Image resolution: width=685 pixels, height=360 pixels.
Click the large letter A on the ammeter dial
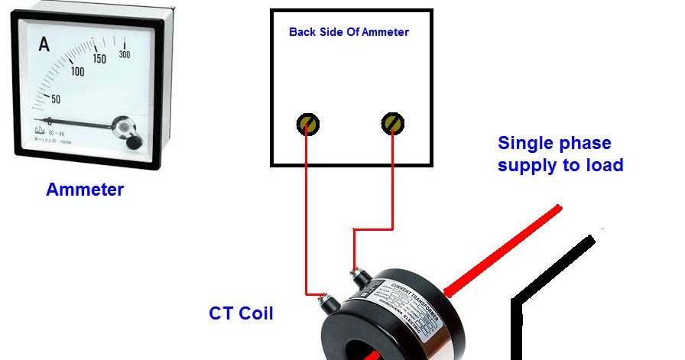(44, 44)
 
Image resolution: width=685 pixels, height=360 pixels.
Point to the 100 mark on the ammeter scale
(77, 72)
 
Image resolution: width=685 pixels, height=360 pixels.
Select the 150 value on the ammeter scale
(99, 59)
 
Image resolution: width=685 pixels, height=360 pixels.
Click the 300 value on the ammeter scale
(124, 54)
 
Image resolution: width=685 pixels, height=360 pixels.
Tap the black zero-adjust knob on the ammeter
(132, 142)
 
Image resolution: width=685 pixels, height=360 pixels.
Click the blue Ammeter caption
(85, 190)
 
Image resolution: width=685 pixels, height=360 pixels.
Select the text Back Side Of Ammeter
(349, 32)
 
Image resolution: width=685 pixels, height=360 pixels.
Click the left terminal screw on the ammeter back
(308, 123)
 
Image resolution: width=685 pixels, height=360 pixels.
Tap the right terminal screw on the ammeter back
(393, 122)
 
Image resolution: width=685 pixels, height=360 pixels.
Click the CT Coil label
(241, 313)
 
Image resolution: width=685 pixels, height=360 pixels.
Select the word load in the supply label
(605, 164)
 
